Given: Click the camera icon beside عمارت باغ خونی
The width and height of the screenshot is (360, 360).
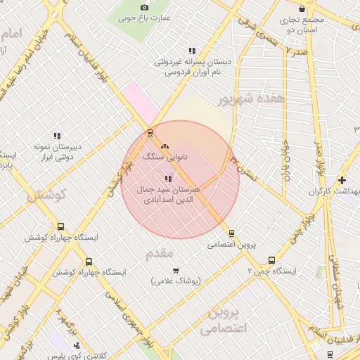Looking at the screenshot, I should click(145, 7).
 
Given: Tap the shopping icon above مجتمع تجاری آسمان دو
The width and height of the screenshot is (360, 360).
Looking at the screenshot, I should click(302, 9).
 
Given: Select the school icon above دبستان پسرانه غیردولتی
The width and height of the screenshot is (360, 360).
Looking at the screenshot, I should click(192, 51).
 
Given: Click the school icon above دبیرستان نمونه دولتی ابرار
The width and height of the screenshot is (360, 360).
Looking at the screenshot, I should click(57, 136).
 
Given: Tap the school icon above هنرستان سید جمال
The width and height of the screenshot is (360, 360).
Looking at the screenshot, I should click(167, 179).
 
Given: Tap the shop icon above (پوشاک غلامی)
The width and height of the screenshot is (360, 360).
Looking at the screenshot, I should click(175, 270).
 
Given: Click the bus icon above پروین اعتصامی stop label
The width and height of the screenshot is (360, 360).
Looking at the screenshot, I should click(231, 234).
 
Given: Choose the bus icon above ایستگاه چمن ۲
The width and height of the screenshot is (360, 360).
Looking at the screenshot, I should click(271, 259).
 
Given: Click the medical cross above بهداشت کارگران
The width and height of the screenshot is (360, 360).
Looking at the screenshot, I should click(342, 180).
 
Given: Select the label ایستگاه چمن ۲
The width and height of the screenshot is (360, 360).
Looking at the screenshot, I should click(271, 271).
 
